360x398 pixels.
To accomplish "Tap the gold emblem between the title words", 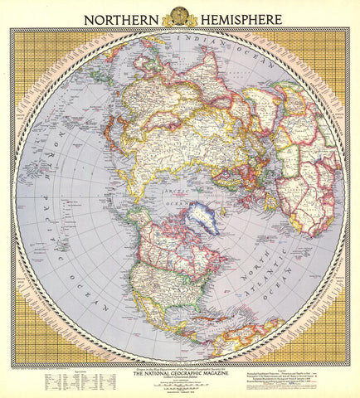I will [179, 15].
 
